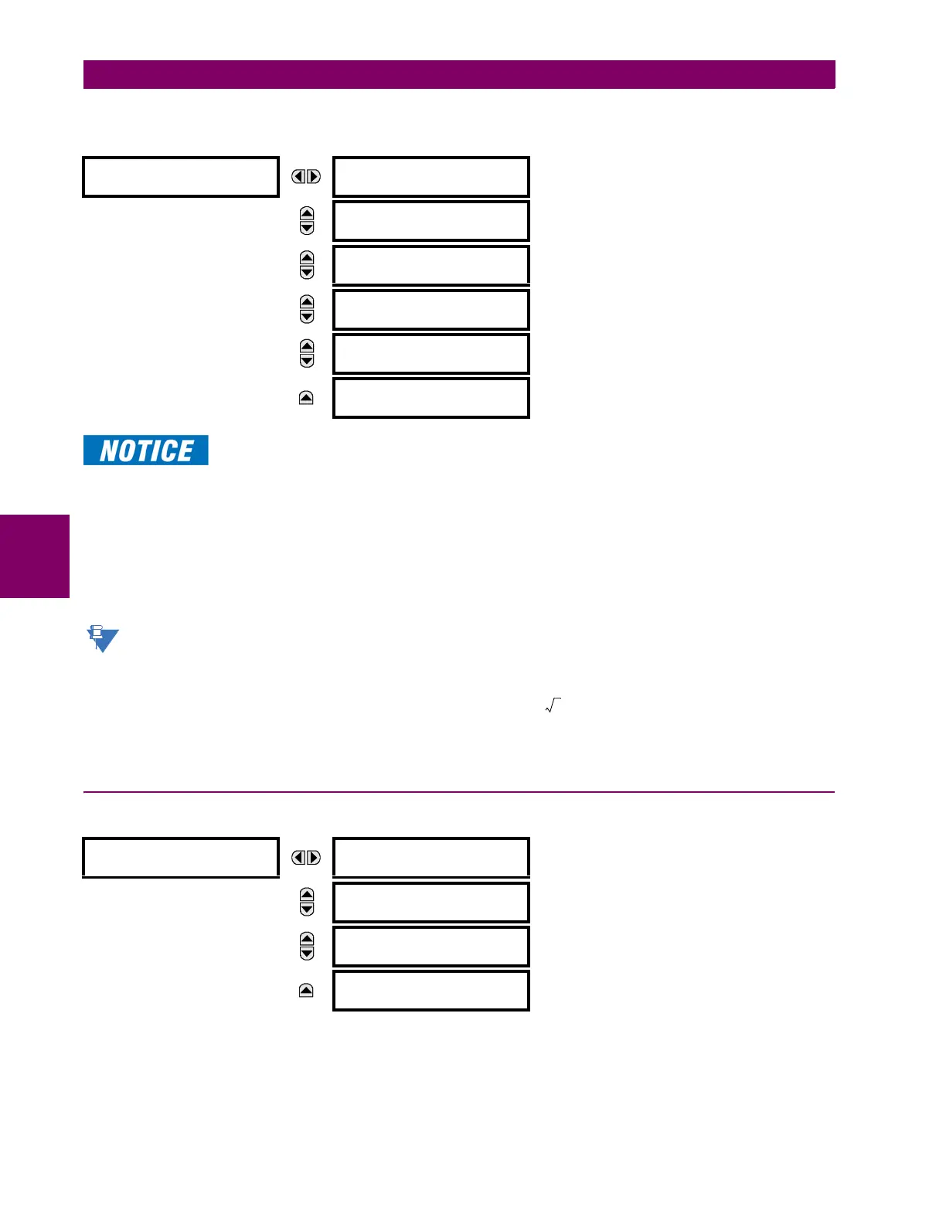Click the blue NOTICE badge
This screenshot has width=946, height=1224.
point(146,450)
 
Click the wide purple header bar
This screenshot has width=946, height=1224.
point(459,75)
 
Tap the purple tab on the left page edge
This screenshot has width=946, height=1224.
point(35,556)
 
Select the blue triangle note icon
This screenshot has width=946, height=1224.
point(102,638)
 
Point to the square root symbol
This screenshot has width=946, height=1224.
point(553,705)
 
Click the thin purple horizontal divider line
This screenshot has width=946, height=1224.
point(459,792)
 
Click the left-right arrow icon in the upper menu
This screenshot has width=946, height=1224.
point(306,177)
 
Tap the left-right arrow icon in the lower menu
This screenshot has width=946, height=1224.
point(306,858)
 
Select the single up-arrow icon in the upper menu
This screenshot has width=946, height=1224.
point(306,398)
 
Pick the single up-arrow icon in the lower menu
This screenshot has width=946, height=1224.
point(306,991)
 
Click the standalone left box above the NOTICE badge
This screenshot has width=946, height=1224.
point(180,177)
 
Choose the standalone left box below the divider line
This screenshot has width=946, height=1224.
point(180,858)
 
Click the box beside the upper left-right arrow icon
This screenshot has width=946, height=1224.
point(430,177)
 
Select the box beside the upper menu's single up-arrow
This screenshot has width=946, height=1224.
point(430,398)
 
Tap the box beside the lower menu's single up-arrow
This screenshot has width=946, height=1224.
point(430,991)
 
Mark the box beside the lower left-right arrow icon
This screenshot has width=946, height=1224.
point(430,858)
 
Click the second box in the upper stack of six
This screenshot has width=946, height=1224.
point(430,221)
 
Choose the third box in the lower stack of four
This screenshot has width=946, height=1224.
point(430,947)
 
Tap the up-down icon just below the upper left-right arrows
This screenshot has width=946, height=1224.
point(307,221)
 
